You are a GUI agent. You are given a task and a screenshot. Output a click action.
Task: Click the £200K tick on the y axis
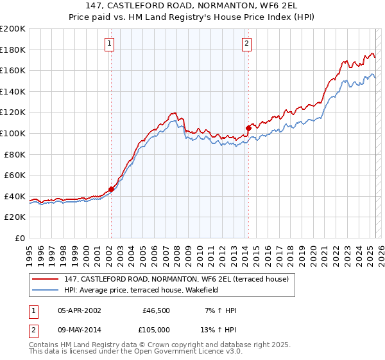[13, 29]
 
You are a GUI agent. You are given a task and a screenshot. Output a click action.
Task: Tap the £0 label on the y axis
[21, 238]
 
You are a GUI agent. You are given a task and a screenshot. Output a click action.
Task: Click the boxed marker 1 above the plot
[110, 44]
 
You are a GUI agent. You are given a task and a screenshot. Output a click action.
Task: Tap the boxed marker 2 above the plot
[247, 44]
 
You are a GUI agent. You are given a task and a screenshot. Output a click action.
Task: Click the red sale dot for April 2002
[111, 189]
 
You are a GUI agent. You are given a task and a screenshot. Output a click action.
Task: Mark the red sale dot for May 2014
[248, 127]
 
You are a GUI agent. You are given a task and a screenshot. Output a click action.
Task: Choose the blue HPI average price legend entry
[141, 290]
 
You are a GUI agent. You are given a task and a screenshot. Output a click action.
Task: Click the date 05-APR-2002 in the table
[80, 310]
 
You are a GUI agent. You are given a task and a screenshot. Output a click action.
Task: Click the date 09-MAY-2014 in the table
[80, 329]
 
